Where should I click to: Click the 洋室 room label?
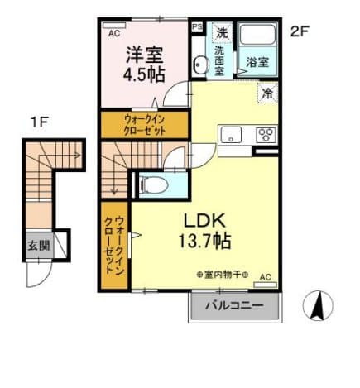click(x=144, y=55)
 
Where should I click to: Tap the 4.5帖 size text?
click(x=145, y=74)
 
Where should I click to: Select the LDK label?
click(x=200, y=221)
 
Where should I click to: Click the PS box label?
click(x=197, y=26)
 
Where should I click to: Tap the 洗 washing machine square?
click(x=221, y=33)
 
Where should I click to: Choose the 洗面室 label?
click(x=219, y=60)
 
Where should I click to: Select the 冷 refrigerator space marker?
click(x=268, y=93)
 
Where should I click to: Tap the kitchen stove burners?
click(x=265, y=135)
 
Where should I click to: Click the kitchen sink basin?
click(x=230, y=136)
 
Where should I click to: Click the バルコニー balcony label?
click(x=235, y=306)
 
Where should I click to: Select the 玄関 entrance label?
click(x=38, y=245)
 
